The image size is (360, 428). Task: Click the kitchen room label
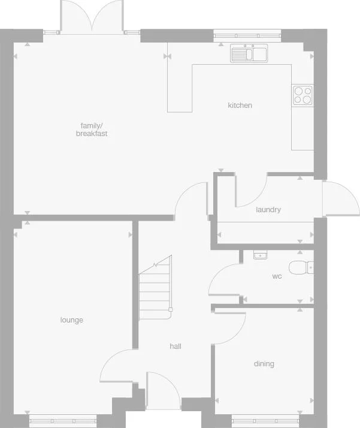[240, 106]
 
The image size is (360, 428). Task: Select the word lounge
[71, 320]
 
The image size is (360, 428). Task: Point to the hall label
[176, 346]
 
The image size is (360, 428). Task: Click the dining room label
[264, 364]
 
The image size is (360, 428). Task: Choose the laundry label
[268, 210]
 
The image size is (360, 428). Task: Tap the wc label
[277, 276]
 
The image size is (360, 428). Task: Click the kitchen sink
[250, 54]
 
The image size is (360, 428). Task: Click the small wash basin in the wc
[259, 255]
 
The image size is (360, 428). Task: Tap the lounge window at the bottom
[63, 420]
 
